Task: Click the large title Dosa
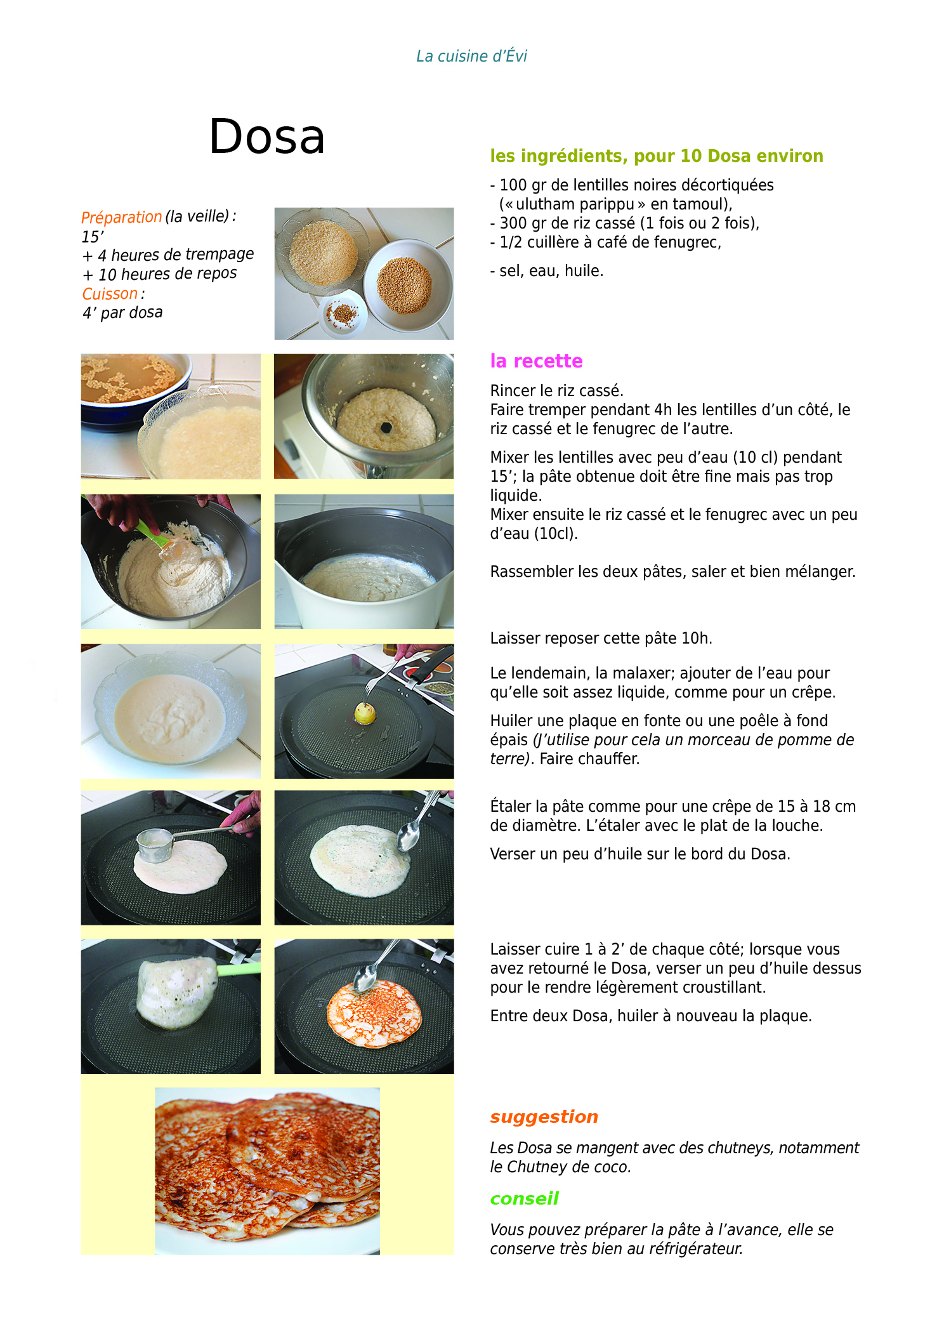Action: pos(267,136)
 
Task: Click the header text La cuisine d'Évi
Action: pos(471,56)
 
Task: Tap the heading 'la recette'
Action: pos(536,360)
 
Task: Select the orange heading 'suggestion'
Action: pos(544,1117)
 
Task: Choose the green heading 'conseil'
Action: pos(525,1198)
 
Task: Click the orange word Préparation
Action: pos(122,217)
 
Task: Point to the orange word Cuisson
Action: pos(110,294)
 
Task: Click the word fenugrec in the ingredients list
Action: pos(692,242)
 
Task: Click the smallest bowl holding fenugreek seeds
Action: pos(344,312)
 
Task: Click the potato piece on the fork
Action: pos(365,712)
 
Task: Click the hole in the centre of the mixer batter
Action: pos(386,427)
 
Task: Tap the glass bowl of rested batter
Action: pos(171,710)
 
